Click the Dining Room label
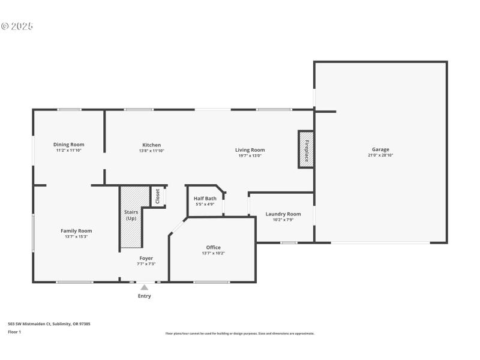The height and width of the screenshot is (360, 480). [68, 145]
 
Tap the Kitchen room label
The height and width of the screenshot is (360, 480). [151, 145]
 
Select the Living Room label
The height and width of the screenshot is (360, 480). [250, 150]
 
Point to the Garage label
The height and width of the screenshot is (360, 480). [380, 149]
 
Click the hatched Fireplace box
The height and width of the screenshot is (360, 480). [306, 149]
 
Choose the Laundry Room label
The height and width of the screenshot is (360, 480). [283, 214]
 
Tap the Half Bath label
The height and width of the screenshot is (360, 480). [205, 199]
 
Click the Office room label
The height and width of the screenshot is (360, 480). [213, 247]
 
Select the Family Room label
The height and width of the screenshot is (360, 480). [76, 230]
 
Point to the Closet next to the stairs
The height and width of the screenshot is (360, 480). [158, 197]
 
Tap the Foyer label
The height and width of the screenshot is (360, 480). [146, 258]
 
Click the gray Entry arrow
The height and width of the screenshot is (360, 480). [145, 287]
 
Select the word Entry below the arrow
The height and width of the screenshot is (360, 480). [145, 296]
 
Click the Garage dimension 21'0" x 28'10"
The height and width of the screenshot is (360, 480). [380, 155]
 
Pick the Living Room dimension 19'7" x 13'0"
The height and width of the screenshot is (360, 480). [250, 156]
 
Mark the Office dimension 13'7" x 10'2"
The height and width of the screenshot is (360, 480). [213, 253]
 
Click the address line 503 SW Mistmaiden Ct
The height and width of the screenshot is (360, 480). [49, 324]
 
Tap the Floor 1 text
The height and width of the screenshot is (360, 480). [14, 331]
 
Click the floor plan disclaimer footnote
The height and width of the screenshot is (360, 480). [239, 334]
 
